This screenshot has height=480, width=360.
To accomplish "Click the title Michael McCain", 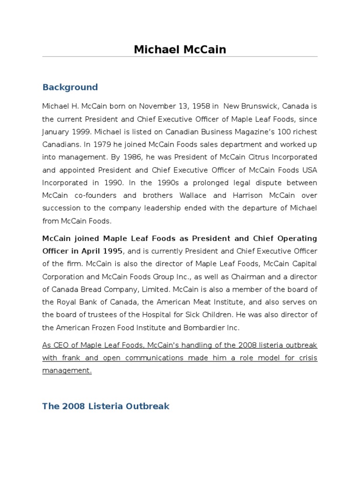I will point(180,49).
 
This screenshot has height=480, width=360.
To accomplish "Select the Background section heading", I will point(70,87).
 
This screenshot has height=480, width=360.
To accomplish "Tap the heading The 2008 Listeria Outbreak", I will point(105,406).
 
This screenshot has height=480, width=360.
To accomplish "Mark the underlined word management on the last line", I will point(66,371).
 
